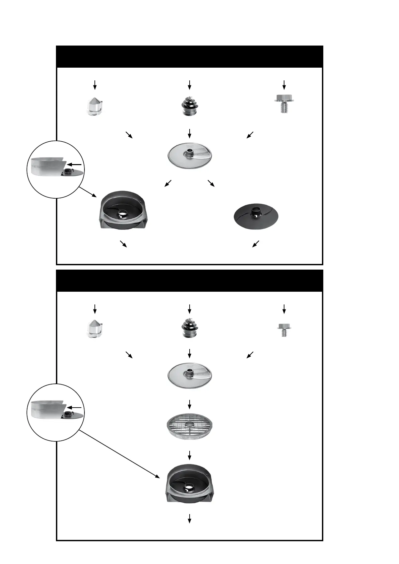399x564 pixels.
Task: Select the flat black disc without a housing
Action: point(256,216)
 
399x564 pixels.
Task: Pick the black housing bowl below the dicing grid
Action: point(190,483)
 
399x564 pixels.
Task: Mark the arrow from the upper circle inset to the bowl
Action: point(88,192)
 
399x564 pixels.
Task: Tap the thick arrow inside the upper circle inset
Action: point(74,164)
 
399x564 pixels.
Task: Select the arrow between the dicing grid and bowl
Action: point(190,455)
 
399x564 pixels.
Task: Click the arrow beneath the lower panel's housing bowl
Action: point(190,518)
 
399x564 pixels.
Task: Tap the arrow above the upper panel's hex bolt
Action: point(284,85)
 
